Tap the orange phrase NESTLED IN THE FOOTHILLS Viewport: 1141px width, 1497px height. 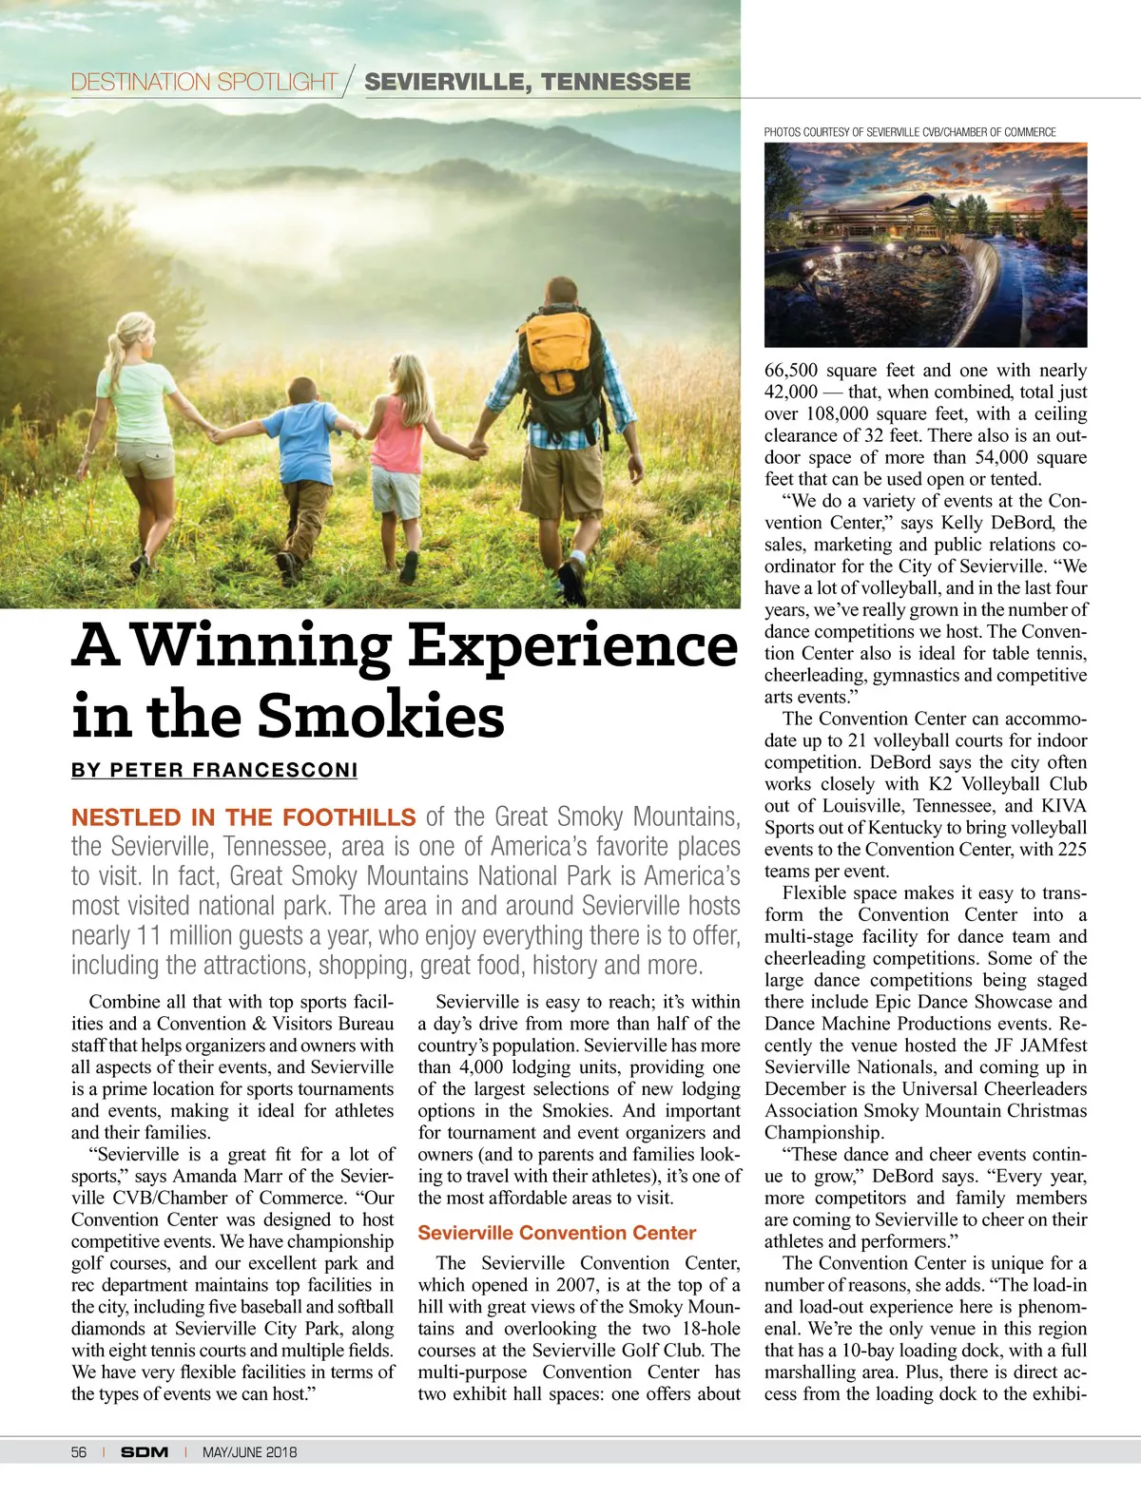[x=243, y=817]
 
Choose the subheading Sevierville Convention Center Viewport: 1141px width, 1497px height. [x=557, y=1233]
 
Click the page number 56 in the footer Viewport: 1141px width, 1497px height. [x=79, y=1451]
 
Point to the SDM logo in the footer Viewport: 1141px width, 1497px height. [x=145, y=1451]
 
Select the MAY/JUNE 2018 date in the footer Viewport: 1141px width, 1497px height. [x=249, y=1451]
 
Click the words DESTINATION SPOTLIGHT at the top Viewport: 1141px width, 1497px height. [x=204, y=82]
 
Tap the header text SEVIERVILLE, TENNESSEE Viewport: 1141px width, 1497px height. [x=528, y=82]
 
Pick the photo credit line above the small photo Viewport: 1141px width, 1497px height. [x=910, y=132]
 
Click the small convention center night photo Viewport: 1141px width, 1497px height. [x=925, y=244]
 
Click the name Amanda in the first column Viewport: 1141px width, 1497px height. [x=204, y=1176]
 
